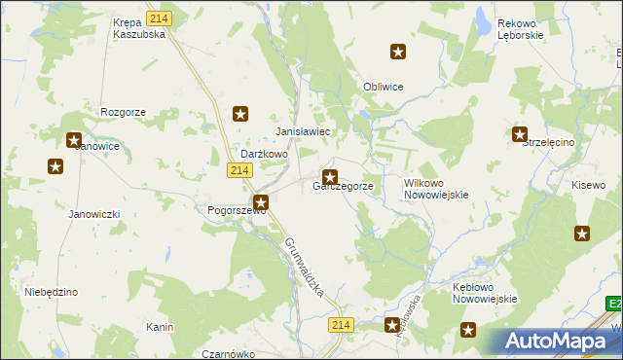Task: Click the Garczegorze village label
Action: point(342,186)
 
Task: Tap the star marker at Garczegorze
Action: point(330,177)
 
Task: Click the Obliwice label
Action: point(383,87)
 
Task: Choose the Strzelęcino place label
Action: point(550,142)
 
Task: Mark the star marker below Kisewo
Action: point(582,233)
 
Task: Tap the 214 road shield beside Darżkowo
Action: point(240,170)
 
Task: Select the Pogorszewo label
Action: point(231,209)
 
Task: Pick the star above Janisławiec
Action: point(240,114)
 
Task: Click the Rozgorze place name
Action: point(123,112)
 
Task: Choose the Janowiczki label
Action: point(93,214)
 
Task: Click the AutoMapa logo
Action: point(559,341)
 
